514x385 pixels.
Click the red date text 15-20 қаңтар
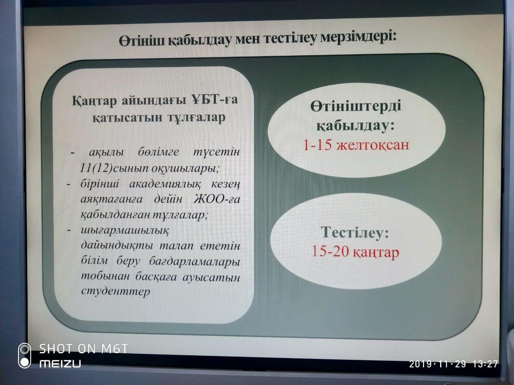tap(355, 253)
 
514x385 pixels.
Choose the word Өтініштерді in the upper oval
tap(355, 107)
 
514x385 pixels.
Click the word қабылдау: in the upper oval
tap(355, 126)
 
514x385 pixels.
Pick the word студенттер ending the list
tap(115, 291)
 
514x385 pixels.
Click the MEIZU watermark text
tap(60, 364)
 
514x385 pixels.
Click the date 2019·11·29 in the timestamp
tap(437, 364)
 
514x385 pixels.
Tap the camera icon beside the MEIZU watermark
tap(25, 356)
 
